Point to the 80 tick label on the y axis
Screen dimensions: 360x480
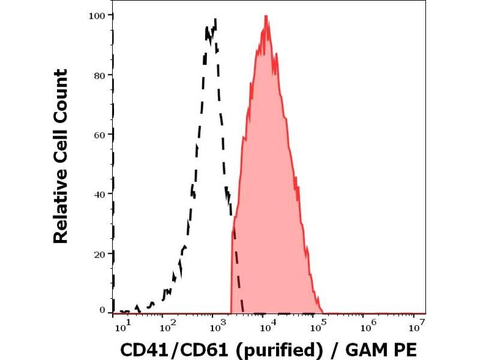(100, 75)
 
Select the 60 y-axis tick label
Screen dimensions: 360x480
(100, 134)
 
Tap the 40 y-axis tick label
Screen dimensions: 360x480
(100, 194)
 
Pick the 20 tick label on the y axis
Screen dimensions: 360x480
(100, 253)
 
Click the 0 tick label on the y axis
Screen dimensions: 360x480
(103, 310)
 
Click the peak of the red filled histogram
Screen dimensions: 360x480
(265, 16)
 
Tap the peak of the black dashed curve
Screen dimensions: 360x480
(214, 20)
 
